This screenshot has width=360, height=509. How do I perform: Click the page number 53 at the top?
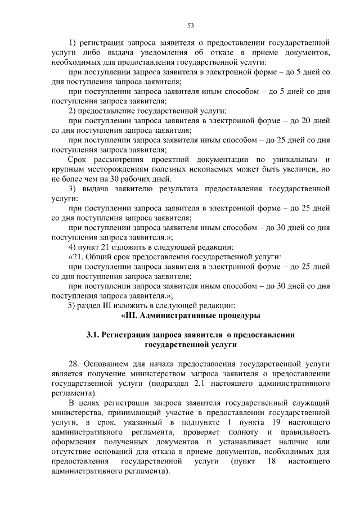click(x=190, y=25)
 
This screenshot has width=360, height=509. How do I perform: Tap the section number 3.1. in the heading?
click(x=93, y=335)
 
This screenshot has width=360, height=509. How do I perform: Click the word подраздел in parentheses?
click(x=172, y=384)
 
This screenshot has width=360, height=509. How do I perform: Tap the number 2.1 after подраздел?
click(x=208, y=384)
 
